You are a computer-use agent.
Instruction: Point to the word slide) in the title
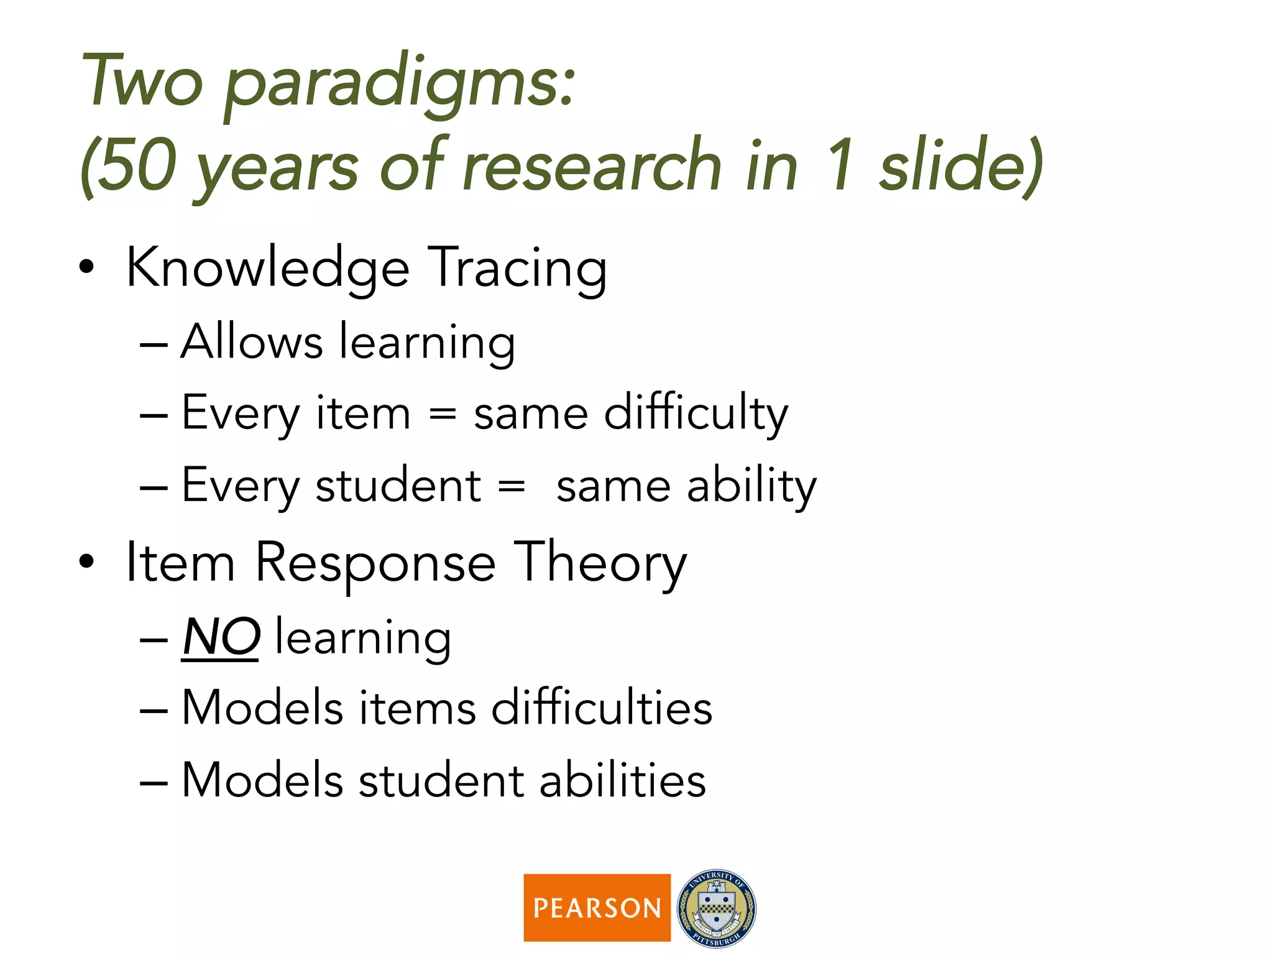tap(961, 165)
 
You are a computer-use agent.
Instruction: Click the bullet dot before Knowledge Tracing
tap(87, 267)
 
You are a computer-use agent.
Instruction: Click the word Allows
tap(252, 342)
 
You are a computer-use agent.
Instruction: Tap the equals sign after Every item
tap(443, 413)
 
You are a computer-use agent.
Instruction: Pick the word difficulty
tap(696, 413)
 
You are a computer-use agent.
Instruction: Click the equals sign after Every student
tap(512, 486)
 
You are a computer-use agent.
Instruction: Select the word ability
tap(751, 486)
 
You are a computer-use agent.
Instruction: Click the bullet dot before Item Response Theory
tap(87, 562)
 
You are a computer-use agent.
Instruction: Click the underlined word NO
tap(221, 637)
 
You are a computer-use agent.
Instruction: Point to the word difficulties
tap(602, 708)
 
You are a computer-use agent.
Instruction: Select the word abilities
tap(622, 780)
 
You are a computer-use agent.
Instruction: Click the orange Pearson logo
tap(597, 907)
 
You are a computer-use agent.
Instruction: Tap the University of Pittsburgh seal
tap(717, 908)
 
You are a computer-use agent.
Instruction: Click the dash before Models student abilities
tap(154, 782)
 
